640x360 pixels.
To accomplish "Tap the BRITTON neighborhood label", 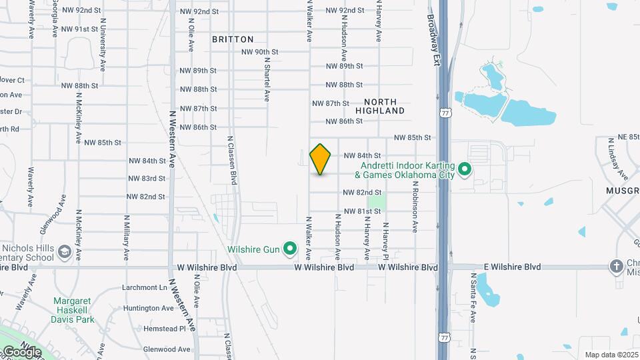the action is point(233,39).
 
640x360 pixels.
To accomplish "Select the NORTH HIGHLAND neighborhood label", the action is point(380,105).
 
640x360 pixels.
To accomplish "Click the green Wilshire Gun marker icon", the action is point(290,249).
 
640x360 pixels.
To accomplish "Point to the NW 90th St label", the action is point(259,52).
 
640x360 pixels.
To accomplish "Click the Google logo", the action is point(21,351).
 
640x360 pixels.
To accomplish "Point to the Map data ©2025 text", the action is point(611,355).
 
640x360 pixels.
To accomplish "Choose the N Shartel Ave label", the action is point(267,79).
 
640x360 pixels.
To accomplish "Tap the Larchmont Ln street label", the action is point(145,288).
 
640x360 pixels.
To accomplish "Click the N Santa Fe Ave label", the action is point(473,297).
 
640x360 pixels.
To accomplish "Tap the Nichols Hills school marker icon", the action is point(65,252).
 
